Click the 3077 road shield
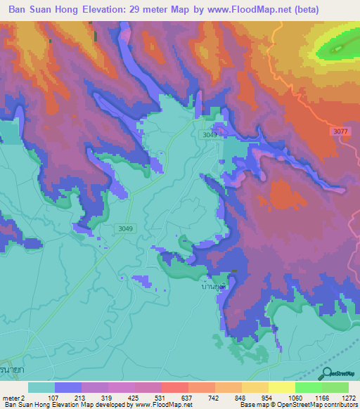click(x=340, y=131)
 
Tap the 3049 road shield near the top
click(x=210, y=134)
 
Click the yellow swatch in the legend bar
click(x=281, y=387)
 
